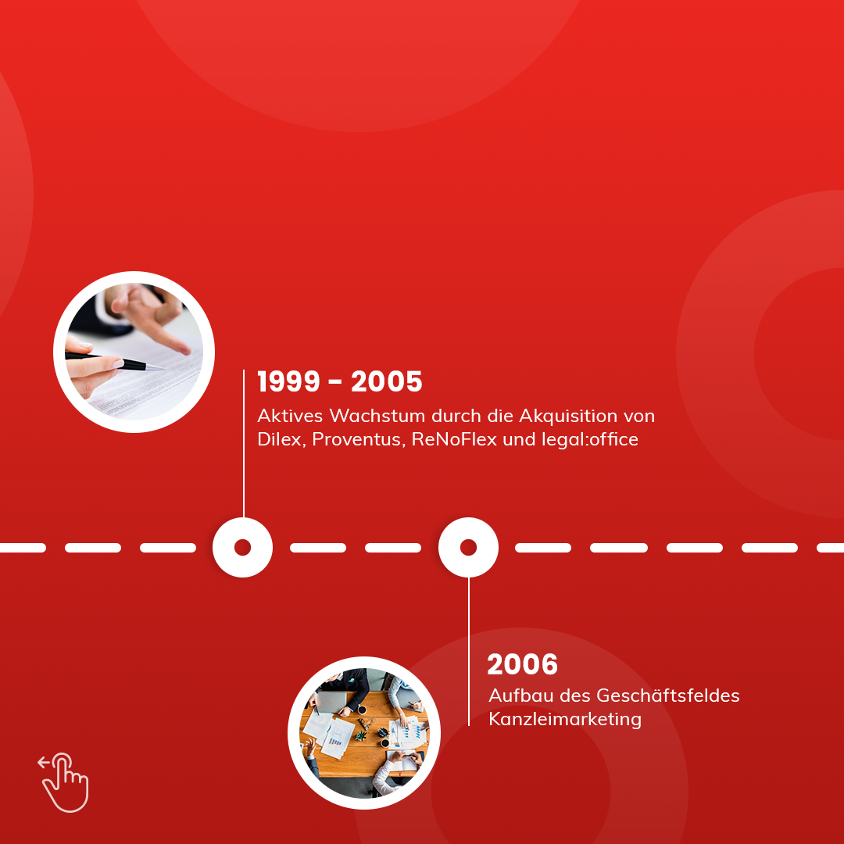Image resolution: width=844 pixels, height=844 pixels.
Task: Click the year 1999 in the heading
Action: pyautogui.click(x=289, y=381)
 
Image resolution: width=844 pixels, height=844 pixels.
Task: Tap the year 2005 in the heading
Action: pyautogui.click(x=387, y=381)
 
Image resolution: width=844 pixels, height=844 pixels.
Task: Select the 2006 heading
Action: pyautogui.click(x=522, y=664)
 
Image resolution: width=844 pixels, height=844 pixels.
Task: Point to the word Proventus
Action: pyautogui.click(x=359, y=440)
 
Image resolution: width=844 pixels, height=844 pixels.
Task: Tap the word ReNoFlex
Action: pyautogui.click(x=454, y=439)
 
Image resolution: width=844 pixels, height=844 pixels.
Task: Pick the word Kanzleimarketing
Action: pyautogui.click(x=565, y=720)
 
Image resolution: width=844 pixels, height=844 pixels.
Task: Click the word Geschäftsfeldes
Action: pyautogui.click(x=668, y=696)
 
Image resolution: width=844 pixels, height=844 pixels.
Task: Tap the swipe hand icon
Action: pyautogui.click(x=64, y=782)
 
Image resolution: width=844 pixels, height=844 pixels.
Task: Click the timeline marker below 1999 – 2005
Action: pyautogui.click(x=243, y=547)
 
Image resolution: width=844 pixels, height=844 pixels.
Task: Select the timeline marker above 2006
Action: pyautogui.click(x=468, y=547)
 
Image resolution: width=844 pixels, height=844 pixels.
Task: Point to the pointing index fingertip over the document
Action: pyautogui.click(x=185, y=350)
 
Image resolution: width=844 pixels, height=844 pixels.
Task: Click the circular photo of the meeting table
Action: pyautogui.click(x=364, y=732)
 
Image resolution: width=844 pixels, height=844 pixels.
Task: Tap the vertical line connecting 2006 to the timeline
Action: pyautogui.click(x=469, y=652)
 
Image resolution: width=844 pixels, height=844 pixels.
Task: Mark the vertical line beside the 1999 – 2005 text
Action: pyautogui.click(x=244, y=444)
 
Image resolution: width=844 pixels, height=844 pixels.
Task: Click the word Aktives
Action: pyautogui.click(x=290, y=416)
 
